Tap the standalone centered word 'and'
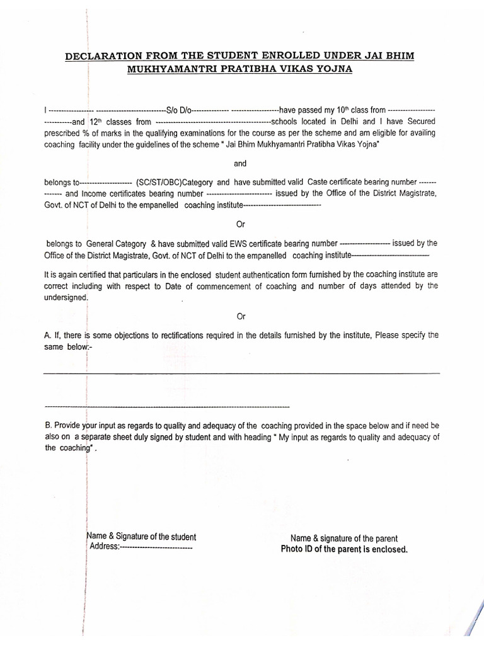(x=241, y=164)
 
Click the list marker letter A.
(x=47, y=336)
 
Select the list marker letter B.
(x=47, y=425)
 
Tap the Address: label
(x=105, y=547)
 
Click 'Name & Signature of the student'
(x=141, y=537)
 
